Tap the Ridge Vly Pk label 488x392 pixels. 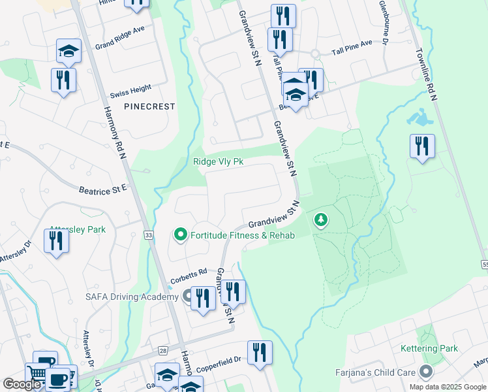218,162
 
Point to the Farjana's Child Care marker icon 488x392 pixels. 427,372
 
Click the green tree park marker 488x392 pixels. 320,220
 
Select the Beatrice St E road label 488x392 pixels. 102,189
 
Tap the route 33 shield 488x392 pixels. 149,235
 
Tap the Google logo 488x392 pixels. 22,384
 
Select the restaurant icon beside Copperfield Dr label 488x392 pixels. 260,352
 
